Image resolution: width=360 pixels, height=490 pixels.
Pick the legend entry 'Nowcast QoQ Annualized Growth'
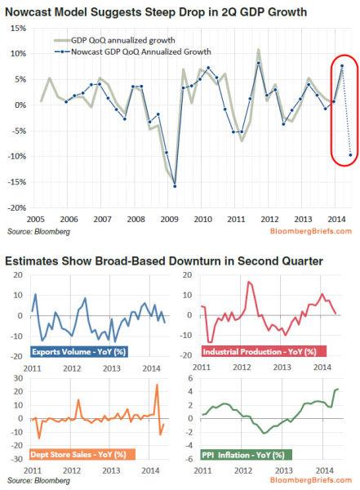coord(130,51)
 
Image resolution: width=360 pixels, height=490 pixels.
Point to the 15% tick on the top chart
coord(19,29)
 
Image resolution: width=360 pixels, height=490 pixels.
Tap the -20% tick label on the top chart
coord(17,207)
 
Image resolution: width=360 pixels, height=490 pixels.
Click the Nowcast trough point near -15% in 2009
coord(175,185)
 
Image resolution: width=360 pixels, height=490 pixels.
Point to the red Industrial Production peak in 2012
coord(248,282)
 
